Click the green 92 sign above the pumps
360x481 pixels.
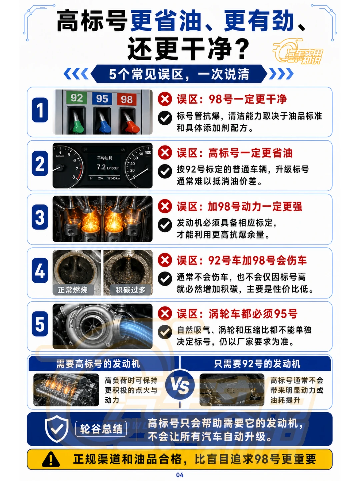coord(77,98)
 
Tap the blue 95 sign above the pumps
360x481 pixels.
coord(102,99)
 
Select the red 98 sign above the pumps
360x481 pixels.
coord(127,99)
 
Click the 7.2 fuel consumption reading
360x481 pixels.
coord(101,167)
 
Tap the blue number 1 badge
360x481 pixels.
coord(40,110)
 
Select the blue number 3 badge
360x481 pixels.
coord(40,217)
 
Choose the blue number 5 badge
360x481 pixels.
coord(40,324)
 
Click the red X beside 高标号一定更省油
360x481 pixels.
coord(165,153)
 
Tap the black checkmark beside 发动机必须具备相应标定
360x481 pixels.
coord(165,225)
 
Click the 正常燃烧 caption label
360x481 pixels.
coord(73,290)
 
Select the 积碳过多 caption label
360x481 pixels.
coord(131,290)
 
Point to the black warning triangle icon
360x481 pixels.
coord(51,459)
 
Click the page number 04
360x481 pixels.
coord(180,475)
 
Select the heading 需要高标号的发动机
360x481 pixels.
coord(98,364)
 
